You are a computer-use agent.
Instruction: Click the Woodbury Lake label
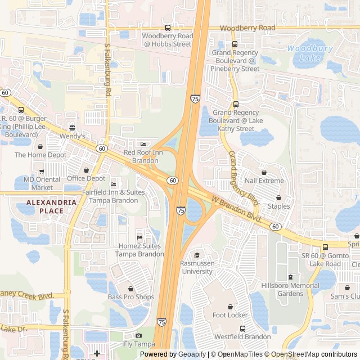tap(310, 53)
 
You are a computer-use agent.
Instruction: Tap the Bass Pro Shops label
tap(131, 297)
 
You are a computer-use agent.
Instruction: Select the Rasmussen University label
tap(196, 267)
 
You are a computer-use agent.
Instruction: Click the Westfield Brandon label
tap(242, 336)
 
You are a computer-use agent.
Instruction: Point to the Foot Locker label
tap(230, 315)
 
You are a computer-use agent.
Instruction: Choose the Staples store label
tap(279, 206)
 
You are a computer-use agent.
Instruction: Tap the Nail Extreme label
tap(264, 181)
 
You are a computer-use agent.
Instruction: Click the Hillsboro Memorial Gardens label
tap(290, 289)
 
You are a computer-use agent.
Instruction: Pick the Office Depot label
tap(86, 178)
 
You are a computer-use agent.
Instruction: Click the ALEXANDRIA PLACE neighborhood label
tap(51, 206)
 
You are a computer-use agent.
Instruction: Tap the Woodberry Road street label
tap(247, 28)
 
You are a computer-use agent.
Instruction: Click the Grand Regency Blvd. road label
tap(244, 179)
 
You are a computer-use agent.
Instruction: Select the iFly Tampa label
tap(138, 344)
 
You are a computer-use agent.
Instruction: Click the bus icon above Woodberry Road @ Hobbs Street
tap(167, 28)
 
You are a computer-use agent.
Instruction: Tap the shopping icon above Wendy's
tap(71, 128)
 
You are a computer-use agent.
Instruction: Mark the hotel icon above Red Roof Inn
tap(142, 144)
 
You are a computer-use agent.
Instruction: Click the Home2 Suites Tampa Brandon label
tap(139, 250)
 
